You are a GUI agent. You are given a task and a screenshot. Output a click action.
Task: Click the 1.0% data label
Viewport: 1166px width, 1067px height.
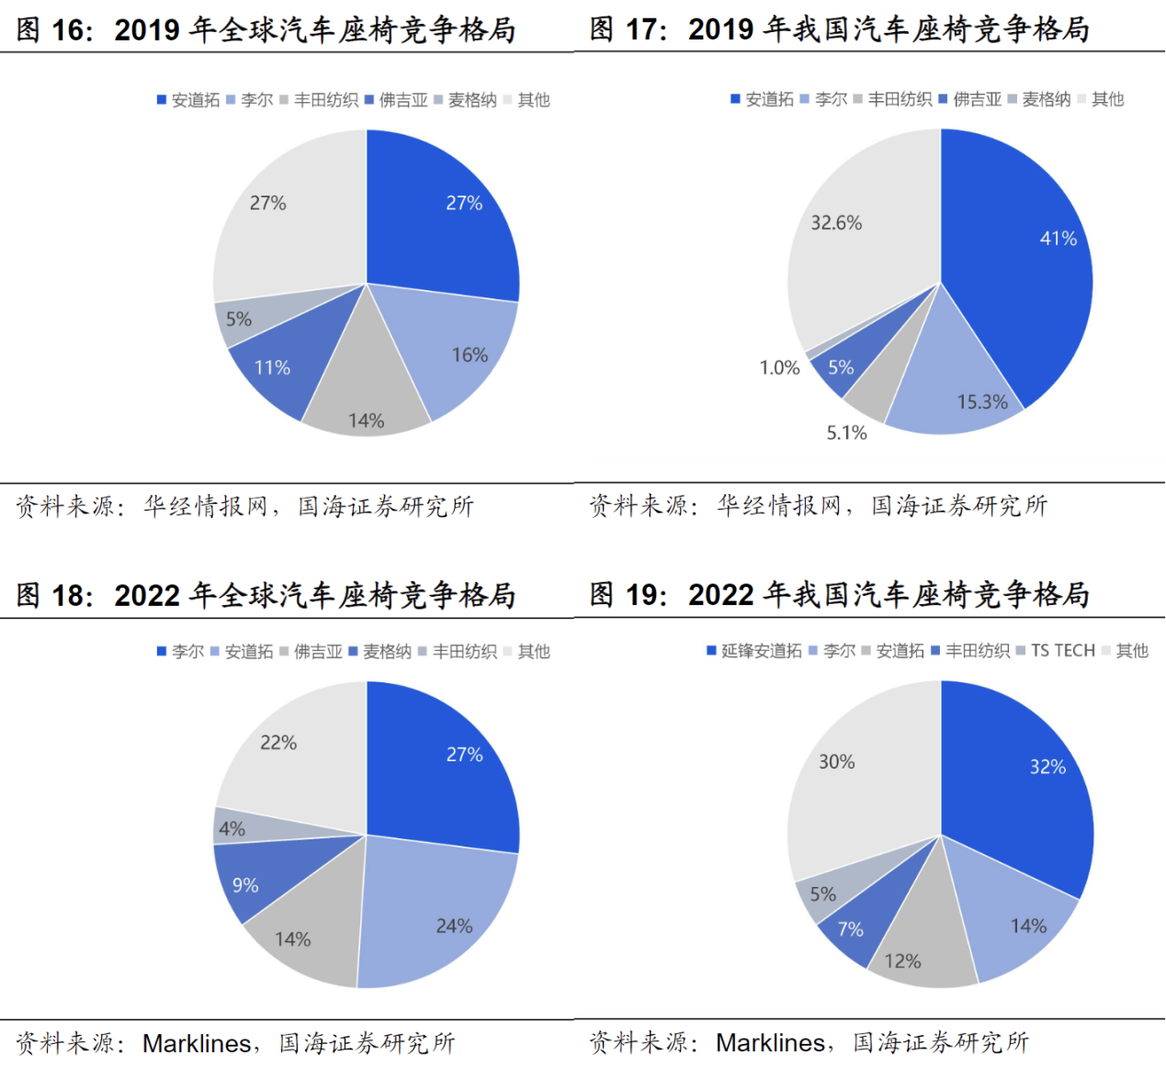[779, 368]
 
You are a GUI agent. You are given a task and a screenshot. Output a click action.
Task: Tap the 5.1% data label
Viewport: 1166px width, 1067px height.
[846, 432]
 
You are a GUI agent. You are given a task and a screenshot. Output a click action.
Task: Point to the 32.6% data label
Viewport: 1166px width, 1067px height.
[836, 223]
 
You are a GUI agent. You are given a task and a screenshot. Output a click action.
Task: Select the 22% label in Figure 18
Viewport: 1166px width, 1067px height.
[277, 743]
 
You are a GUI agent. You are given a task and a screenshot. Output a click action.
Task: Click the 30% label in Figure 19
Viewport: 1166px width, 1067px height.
[836, 762]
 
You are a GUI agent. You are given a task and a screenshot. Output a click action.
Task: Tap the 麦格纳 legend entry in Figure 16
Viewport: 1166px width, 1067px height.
[472, 100]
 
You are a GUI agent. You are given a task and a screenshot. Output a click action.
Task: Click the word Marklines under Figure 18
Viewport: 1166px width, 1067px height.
[197, 1044]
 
